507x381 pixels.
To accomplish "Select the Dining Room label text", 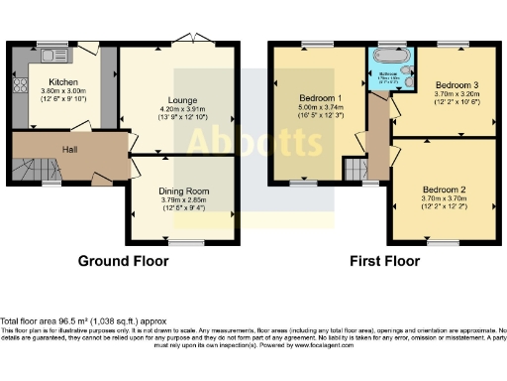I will (x=184, y=190).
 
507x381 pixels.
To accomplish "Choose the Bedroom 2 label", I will (x=443, y=189).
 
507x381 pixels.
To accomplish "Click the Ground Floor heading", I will (x=123, y=262).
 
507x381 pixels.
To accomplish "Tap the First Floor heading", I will (x=386, y=262).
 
